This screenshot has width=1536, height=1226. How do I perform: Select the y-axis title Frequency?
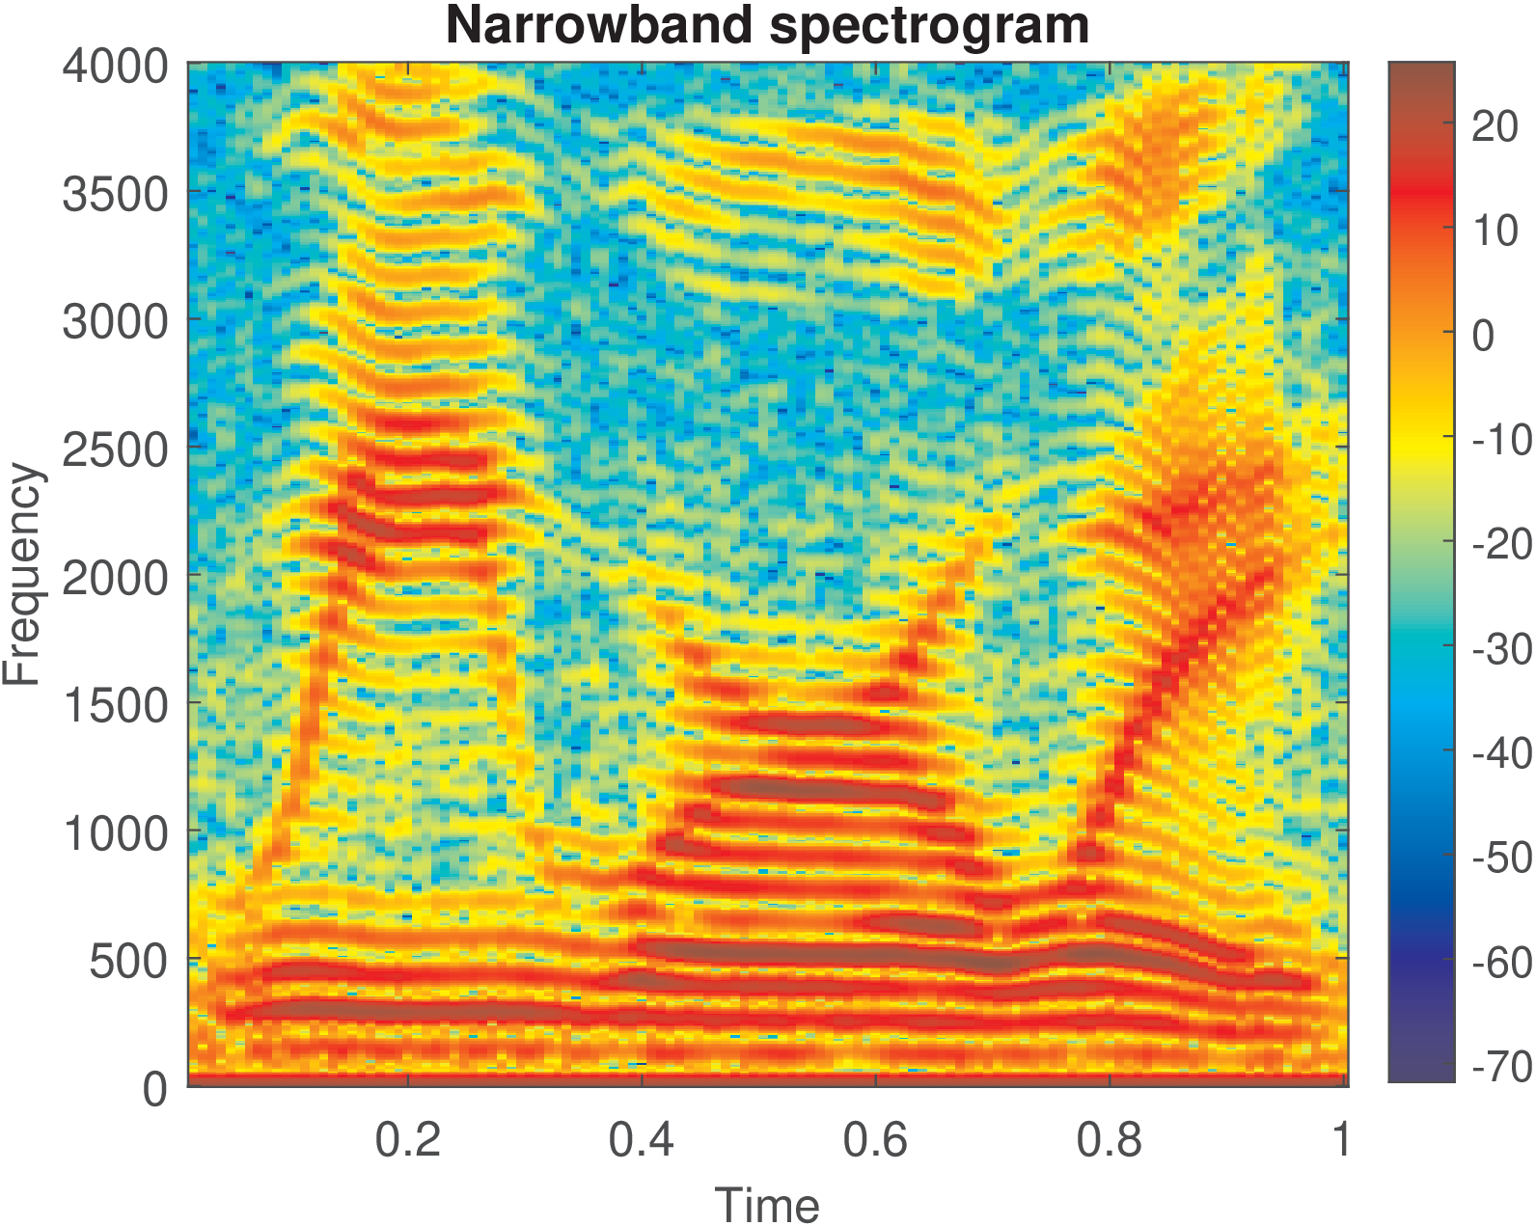(21, 575)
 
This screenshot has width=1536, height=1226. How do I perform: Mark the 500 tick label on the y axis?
(128, 961)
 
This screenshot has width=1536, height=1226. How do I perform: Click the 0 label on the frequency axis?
(155, 1089)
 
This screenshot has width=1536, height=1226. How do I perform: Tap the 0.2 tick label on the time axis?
(408, 1140)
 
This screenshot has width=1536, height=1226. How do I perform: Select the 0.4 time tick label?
(642, 1140)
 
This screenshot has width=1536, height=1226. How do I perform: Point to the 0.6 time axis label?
(875, 1140)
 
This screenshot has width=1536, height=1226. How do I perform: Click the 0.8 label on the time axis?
(1109, 1140)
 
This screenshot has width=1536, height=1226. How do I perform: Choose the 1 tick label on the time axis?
(1341, 1140)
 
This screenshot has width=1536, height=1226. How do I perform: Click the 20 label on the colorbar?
(1495, 126)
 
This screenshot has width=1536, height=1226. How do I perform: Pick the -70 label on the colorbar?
(1502, 1067)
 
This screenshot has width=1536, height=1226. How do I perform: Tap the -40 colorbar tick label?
(1502, 753)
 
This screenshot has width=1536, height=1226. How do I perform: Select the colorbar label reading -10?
(1502, 440)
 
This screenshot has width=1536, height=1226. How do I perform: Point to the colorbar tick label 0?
(1483, 336)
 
